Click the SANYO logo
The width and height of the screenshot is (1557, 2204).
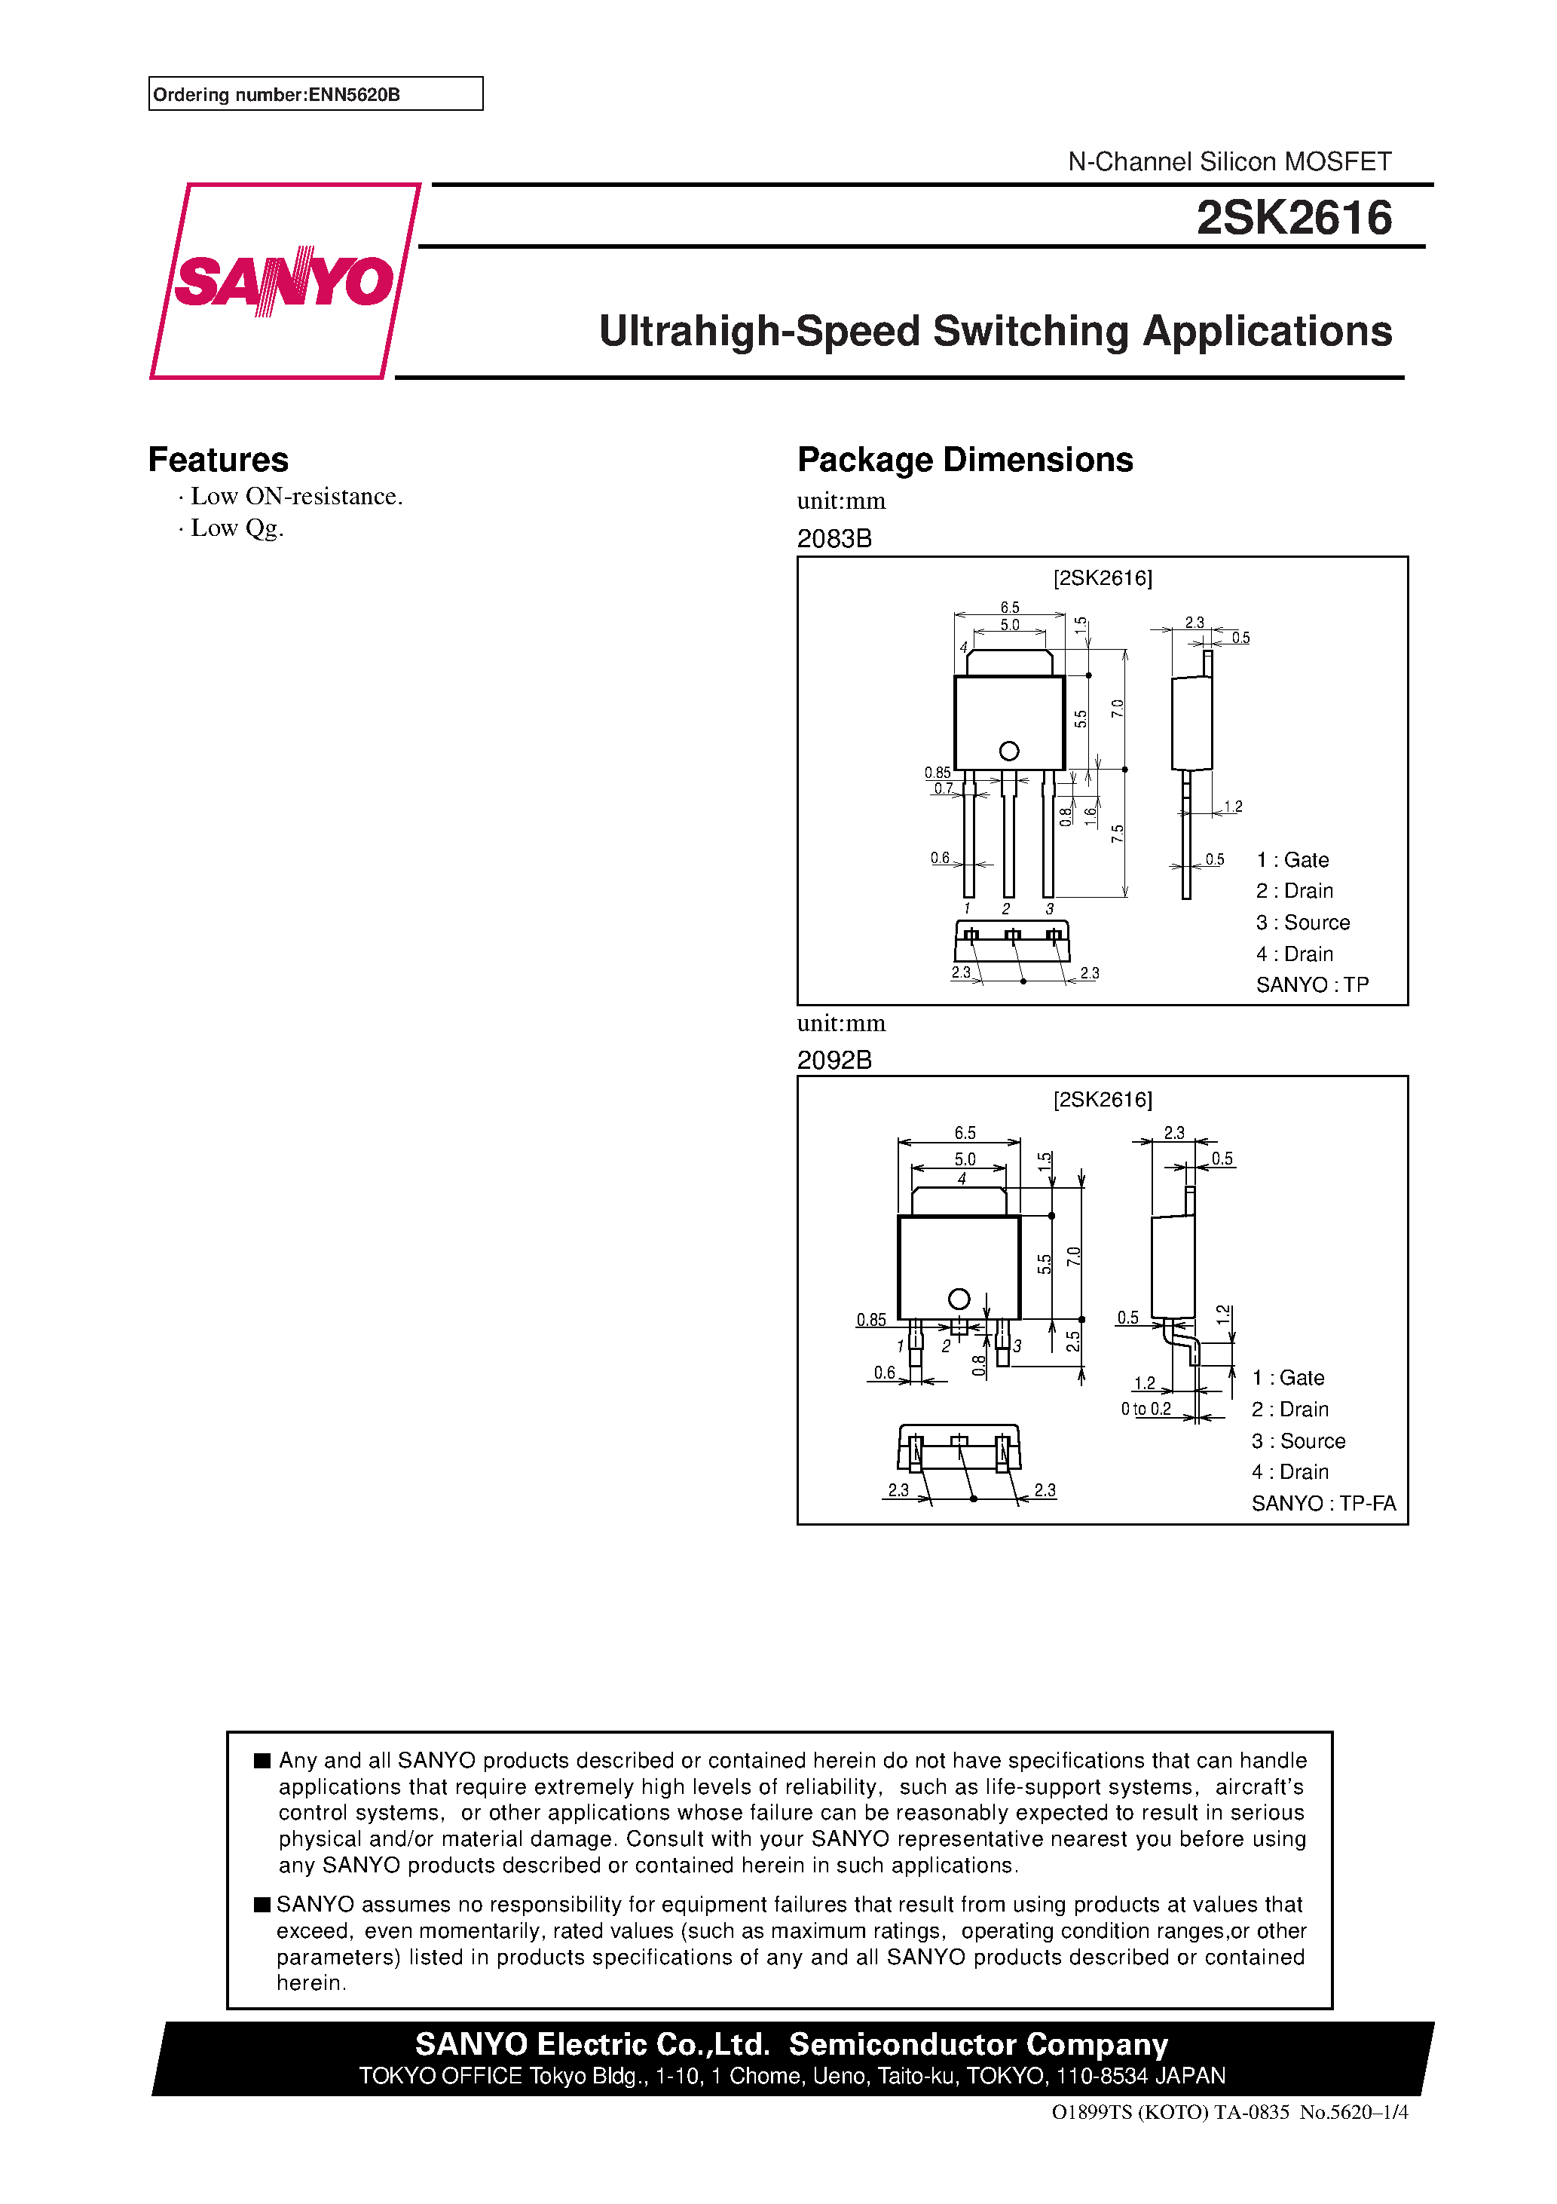coord(284,280)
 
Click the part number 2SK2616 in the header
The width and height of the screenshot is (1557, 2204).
coord(1293,218)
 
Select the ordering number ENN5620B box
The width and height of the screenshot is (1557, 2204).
coord(315,94)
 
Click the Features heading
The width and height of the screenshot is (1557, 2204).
coord(218,460)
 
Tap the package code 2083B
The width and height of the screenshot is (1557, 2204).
coord(834,538)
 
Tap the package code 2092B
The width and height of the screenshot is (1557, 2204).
coord(834,1060)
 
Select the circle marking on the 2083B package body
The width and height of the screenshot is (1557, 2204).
coord(1009,751)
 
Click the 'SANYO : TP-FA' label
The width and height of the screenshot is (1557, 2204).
coord(1323,1503)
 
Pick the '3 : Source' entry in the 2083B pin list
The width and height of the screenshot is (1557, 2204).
coord(1302,923)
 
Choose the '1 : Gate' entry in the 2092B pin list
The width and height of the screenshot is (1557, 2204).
coord(1288,1378)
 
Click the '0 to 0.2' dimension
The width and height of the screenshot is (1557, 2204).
coord(1146,1410)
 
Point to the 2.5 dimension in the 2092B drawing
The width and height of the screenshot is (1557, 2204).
coord(1073,1341)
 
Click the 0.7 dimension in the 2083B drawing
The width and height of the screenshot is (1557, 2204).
coord(944,789)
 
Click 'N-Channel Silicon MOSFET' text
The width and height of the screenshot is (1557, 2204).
coord(1230,161)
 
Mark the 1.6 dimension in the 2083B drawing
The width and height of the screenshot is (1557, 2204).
coord(1091,816)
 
